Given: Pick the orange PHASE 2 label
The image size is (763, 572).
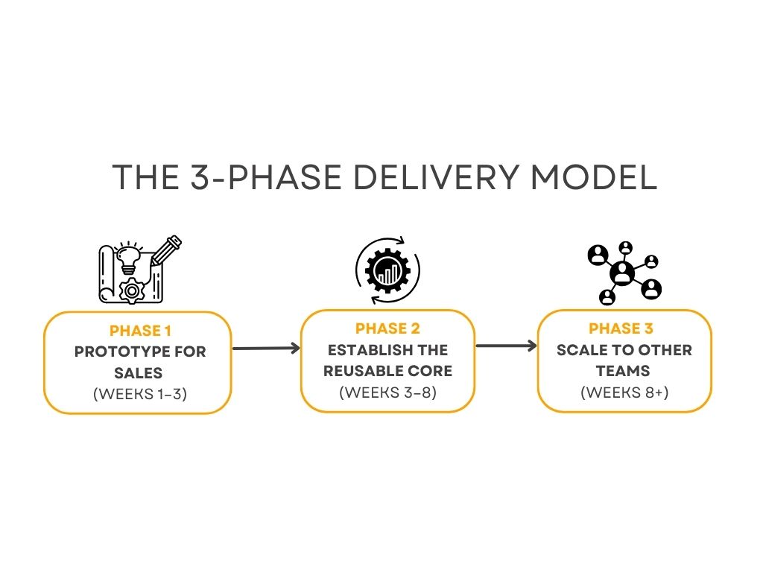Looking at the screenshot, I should tap(387, 328).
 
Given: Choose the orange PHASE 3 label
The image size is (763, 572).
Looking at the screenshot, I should tap(624, 328).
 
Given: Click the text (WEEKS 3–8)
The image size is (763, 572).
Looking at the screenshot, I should tap(387, 392).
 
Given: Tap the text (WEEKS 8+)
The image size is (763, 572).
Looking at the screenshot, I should tap(624, 392).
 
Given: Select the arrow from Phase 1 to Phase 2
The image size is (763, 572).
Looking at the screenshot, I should tap(266, 348).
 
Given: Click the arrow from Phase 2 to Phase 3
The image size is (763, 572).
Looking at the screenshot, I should tap(506, 346).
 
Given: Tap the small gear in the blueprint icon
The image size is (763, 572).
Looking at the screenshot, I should tap(133, 290).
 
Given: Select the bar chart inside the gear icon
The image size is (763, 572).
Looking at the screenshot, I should tap(387, 273).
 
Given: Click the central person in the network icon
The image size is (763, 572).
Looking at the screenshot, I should tap(622, 273).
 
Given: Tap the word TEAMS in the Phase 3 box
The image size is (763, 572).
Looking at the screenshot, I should tap(624, 371).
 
